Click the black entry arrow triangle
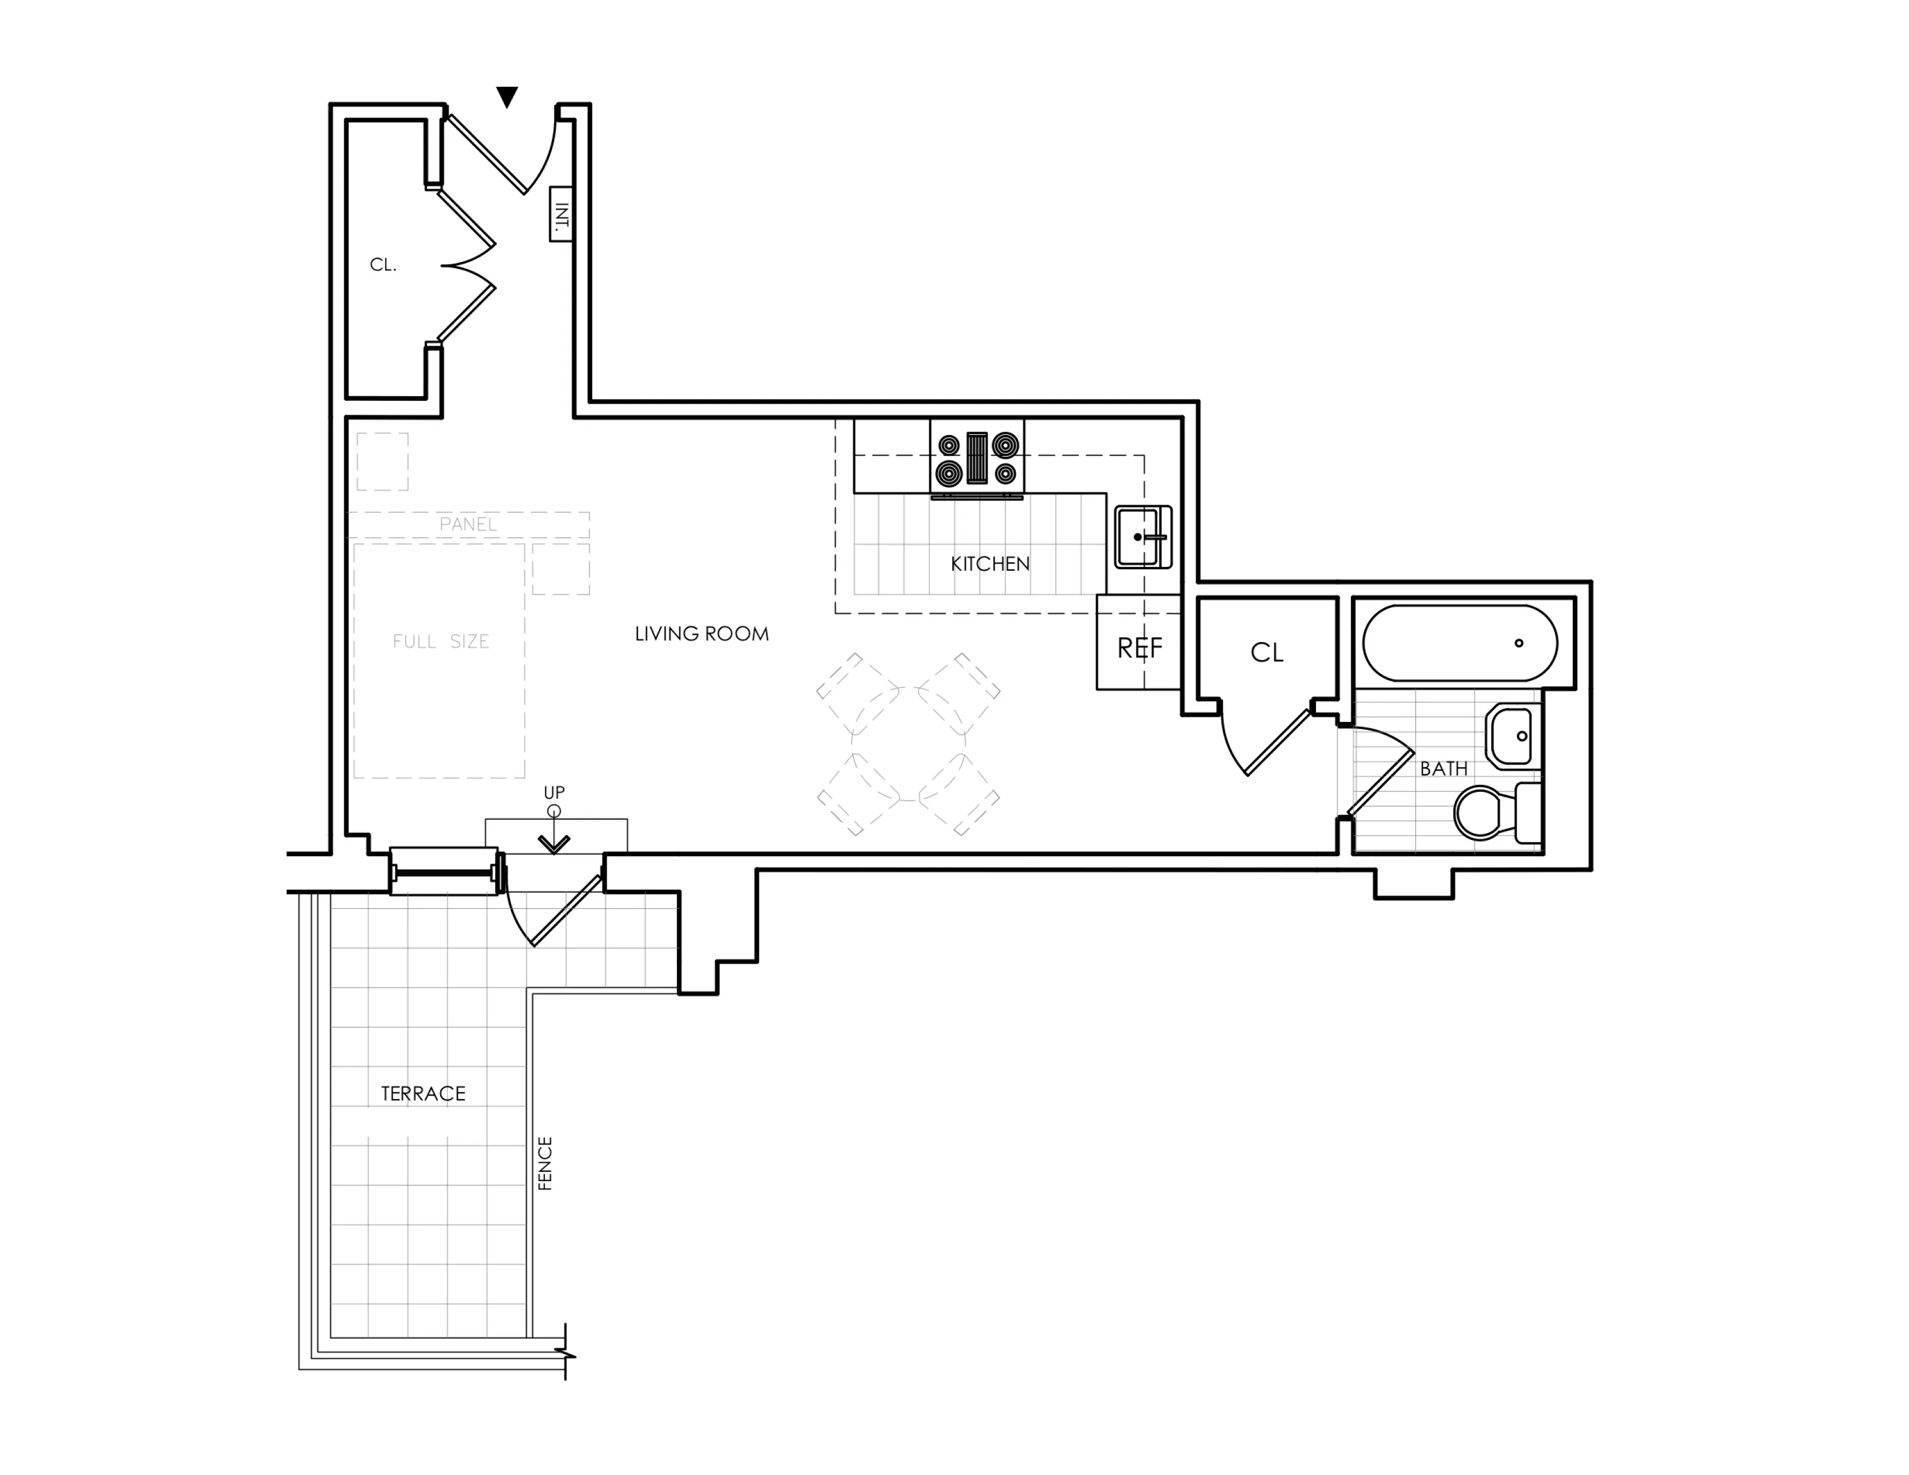[507, 96]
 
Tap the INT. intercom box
[561, 214]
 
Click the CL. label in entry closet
[383, 265]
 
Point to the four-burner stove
[976, 459]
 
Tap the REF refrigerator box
[1139, 647]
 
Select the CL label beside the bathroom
[1266, 652]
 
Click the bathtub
[1460, 643]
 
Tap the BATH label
[1443, 769]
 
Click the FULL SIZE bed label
[441, 641]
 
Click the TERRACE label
[423, 1093]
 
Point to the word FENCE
[544, 1163]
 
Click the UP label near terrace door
[554, 792]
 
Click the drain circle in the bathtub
[1519, 643]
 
